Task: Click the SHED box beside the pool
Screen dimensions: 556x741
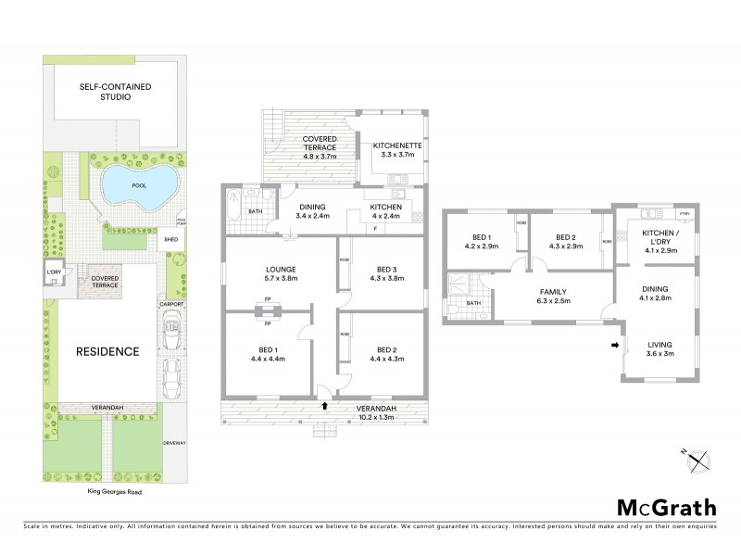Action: point(170,239)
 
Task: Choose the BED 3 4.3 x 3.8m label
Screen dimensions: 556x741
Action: point(383,273)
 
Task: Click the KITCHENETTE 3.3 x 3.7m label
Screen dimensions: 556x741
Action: point(393,150)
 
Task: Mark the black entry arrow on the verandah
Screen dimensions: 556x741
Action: point(324,405)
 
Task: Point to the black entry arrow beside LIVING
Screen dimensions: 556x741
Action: point(614,347)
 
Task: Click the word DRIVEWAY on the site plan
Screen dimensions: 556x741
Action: point(175,443)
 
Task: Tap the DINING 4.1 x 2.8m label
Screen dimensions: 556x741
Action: point(660,294)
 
